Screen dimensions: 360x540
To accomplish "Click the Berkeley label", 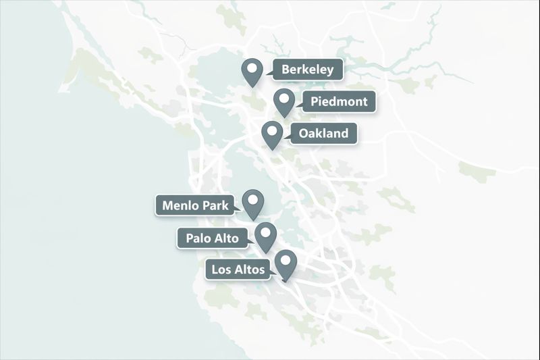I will point(307,70).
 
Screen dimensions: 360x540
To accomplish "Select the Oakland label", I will point(323,133).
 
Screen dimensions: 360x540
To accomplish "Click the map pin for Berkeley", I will point(252,72).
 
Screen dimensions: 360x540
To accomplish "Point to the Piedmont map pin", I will point(284,101).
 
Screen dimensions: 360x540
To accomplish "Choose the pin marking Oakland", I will point(272,134).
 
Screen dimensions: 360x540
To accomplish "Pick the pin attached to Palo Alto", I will point(266,236).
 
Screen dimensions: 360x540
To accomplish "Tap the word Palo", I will point(195,238).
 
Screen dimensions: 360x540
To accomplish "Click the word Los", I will point(221,269).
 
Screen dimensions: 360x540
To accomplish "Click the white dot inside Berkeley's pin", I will point(252,67).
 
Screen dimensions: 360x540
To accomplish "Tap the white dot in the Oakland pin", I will point(272,128).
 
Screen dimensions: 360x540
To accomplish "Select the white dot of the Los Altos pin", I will point(286,259).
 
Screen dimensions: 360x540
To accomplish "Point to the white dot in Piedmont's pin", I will point(284,97).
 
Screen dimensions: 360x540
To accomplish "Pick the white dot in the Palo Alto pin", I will point(266,231).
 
